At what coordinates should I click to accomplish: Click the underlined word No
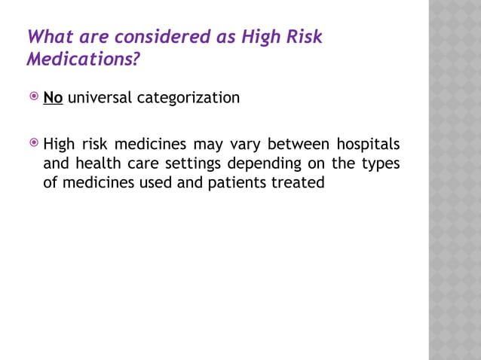pos(53,98)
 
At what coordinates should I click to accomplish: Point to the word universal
pos(100,98)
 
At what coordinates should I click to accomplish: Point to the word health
pos(97,163)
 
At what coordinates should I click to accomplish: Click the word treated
pos(299,182)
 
